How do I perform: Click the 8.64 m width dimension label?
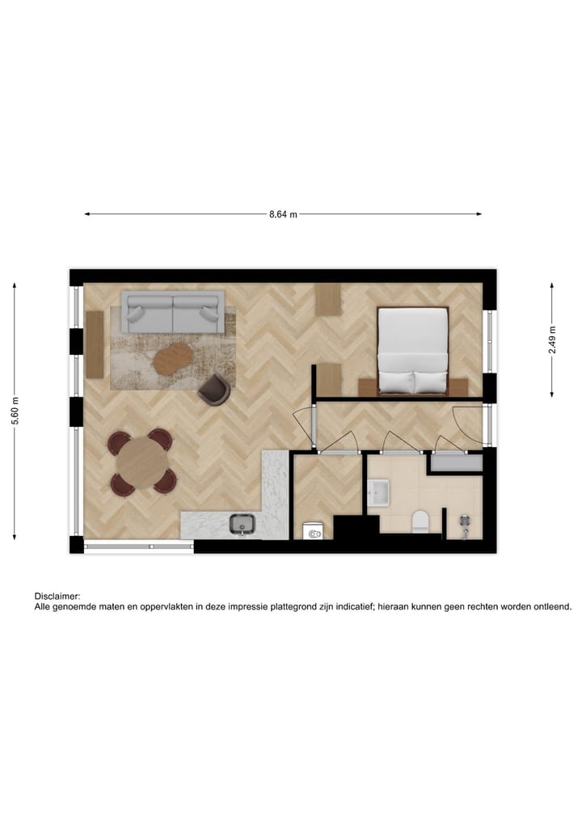tap(283, 214)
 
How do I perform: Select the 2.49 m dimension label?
tap(552, 340)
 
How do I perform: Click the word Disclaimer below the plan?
tap(57, 595)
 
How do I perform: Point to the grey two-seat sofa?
tap(173, 313)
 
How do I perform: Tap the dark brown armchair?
tap(215, 389)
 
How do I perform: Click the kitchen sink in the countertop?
tap(242, 525)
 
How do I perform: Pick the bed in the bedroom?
tap(413, 349)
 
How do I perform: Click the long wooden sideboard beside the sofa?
tap(95, 344)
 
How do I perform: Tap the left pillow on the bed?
tap(397, 381)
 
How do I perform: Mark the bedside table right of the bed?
tap(458, 386)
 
